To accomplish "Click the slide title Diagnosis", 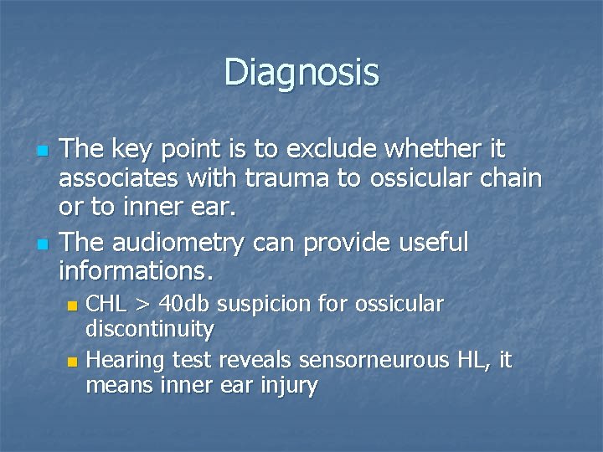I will click(301, 72).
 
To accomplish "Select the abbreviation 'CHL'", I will click(107, 304).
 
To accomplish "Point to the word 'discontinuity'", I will click(150, 329).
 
